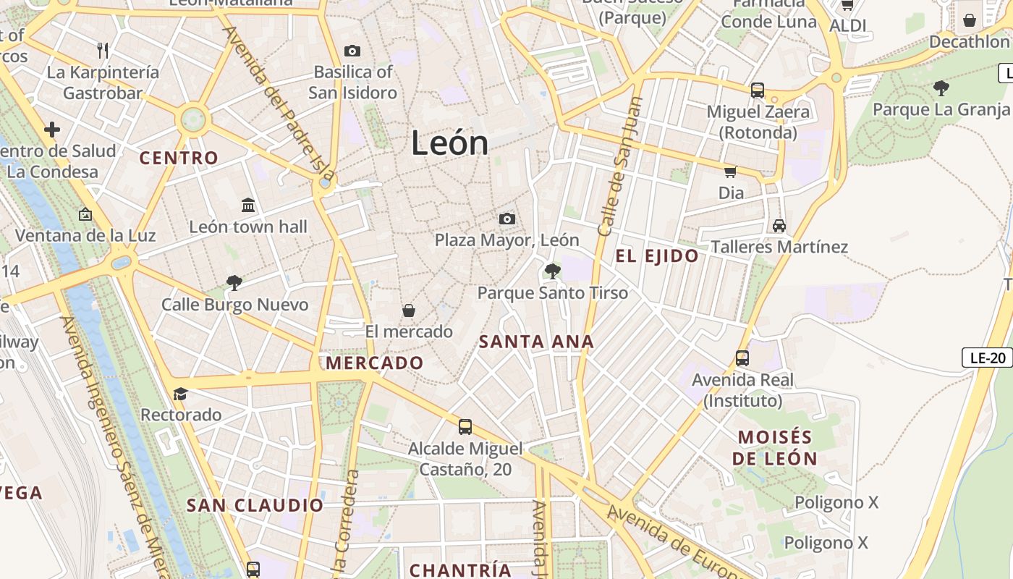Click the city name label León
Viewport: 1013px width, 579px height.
(449, 143)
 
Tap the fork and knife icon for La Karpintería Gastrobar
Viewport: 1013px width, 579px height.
(103, 50)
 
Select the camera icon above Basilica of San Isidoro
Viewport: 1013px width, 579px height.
(352, 51)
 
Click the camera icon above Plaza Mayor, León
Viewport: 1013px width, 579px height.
(507, 219)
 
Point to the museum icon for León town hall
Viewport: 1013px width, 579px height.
(248, 206)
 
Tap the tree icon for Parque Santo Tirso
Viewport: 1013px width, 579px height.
(552, 271)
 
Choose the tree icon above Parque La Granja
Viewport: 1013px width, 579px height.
(941, 88)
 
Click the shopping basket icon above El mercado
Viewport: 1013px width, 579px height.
(409, 310)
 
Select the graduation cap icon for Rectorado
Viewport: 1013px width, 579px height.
(180, 394)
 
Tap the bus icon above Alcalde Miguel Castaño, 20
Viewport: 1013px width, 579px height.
(465, 427)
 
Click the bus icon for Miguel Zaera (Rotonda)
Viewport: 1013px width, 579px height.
(758, 90)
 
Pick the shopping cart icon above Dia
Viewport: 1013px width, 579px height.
(731, 172)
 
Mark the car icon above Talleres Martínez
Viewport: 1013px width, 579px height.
(779, 226)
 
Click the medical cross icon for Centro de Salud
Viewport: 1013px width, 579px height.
(51, 130)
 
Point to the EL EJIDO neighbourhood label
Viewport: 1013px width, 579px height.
(657, 256)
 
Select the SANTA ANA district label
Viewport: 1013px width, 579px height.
(536, 342)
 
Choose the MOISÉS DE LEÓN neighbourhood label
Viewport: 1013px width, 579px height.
(774, 448)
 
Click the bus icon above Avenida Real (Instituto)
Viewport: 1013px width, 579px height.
(742, 358)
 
